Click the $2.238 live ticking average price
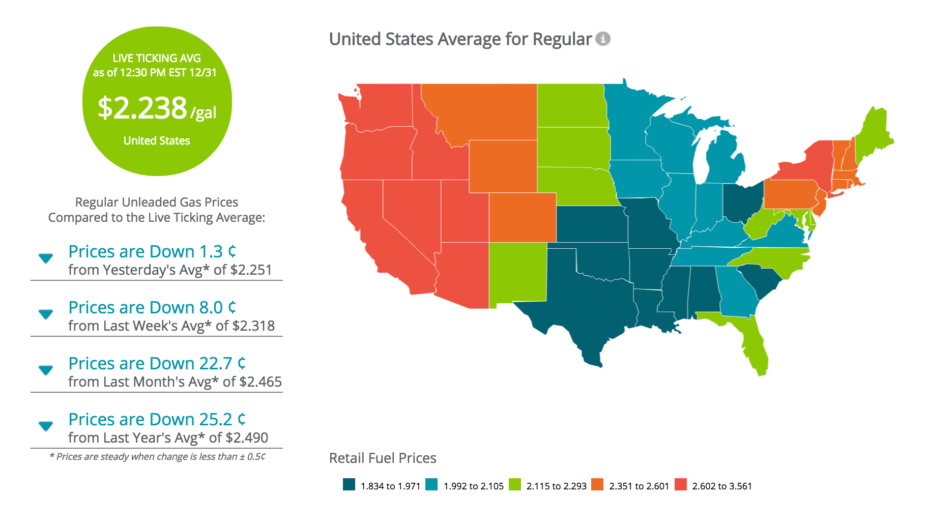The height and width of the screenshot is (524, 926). point(142,108)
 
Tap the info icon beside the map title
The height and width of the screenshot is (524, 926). point(603,39)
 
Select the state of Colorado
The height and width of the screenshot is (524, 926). point(523,217)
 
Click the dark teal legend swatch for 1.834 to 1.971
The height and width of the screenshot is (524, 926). point(349,484)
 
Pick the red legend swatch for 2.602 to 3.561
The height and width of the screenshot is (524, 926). point(681,484)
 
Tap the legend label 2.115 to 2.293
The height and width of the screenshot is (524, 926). point(557,486)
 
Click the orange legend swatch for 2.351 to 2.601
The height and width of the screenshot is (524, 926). point(598,484)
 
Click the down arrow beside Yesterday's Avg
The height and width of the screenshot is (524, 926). point(46,258)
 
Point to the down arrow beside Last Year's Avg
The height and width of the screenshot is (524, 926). point(46,426)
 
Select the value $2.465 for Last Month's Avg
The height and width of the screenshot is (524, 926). point(261,382)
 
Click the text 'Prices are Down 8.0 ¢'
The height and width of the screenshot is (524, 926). point(153,307)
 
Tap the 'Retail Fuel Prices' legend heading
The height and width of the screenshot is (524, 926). point(383,458)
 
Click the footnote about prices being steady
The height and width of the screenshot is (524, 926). point(157,456)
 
